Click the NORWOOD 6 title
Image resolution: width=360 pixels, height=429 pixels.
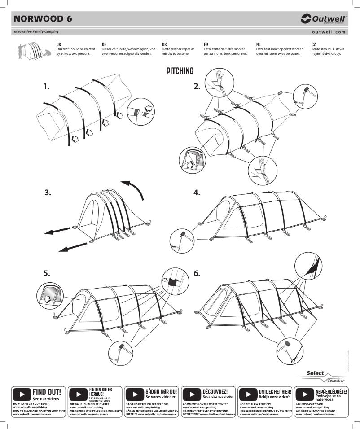43,18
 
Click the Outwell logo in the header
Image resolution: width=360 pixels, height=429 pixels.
323,18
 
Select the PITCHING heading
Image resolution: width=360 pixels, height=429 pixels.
180,71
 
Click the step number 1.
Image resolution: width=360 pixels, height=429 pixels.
47,86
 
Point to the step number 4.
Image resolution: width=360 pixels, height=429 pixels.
197,193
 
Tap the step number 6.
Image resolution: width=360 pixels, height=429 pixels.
197,273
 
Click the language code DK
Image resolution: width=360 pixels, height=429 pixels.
164,44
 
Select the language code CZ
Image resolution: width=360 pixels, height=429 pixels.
314,44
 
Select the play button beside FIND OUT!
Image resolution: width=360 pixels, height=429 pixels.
22,395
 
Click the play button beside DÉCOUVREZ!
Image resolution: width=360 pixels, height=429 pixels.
192,395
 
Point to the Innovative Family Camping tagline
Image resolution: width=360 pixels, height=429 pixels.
36,32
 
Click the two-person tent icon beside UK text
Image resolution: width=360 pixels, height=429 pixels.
33,51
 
